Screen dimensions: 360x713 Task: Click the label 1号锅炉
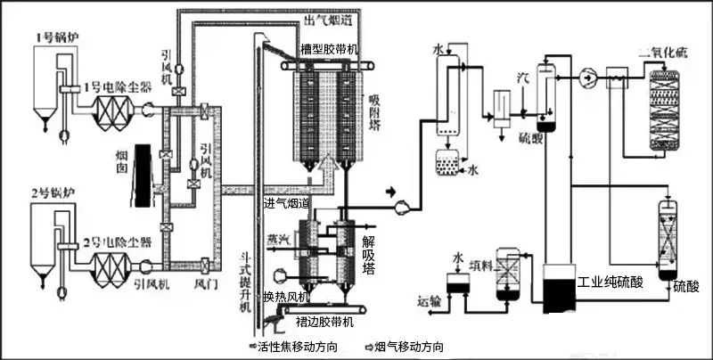tap(53, 37)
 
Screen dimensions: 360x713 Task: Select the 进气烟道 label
tap(288, 203)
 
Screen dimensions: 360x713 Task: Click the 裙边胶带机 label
tap(322, 321)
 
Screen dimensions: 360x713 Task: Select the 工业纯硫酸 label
tap(610, 282)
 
